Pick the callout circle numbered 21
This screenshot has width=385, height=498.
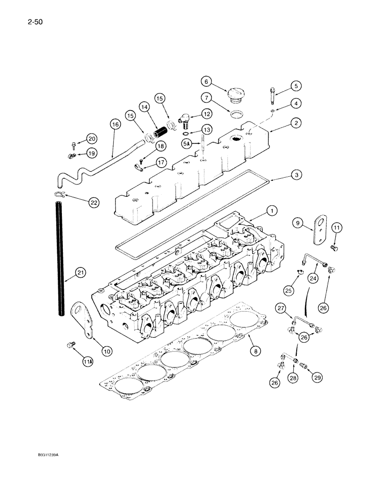81,272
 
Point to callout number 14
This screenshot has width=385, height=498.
145,107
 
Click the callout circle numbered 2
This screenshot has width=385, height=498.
298,122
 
